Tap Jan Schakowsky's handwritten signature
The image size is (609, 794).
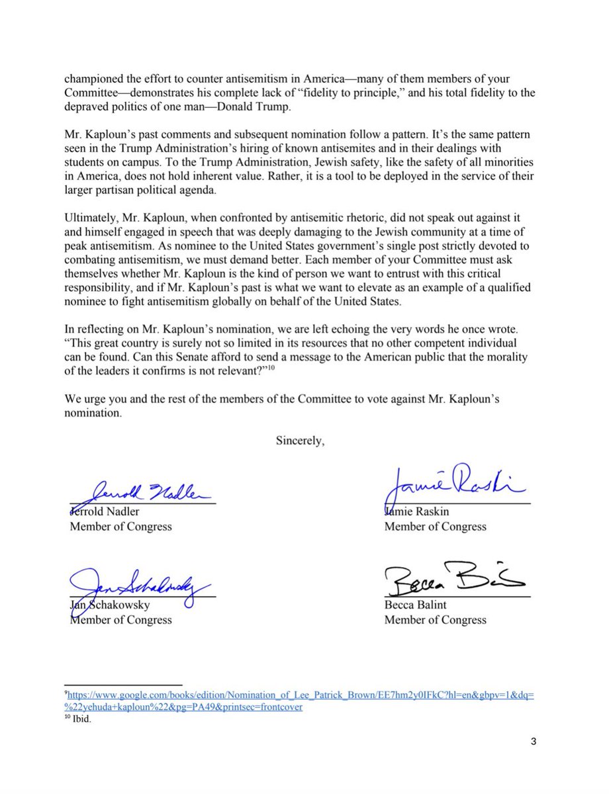(x=139, y=586)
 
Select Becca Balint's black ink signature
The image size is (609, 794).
(x=453, y=581)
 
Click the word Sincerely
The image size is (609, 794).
(x=301, y=442)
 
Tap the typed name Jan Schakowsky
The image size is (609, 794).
(x=109, y=604)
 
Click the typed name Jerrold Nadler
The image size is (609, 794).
(x=105, y=511)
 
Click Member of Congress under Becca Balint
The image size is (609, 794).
(x=435, y=620)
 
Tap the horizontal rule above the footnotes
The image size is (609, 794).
(x=122, y=685)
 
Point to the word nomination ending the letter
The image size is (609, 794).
(x=93, y=414)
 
